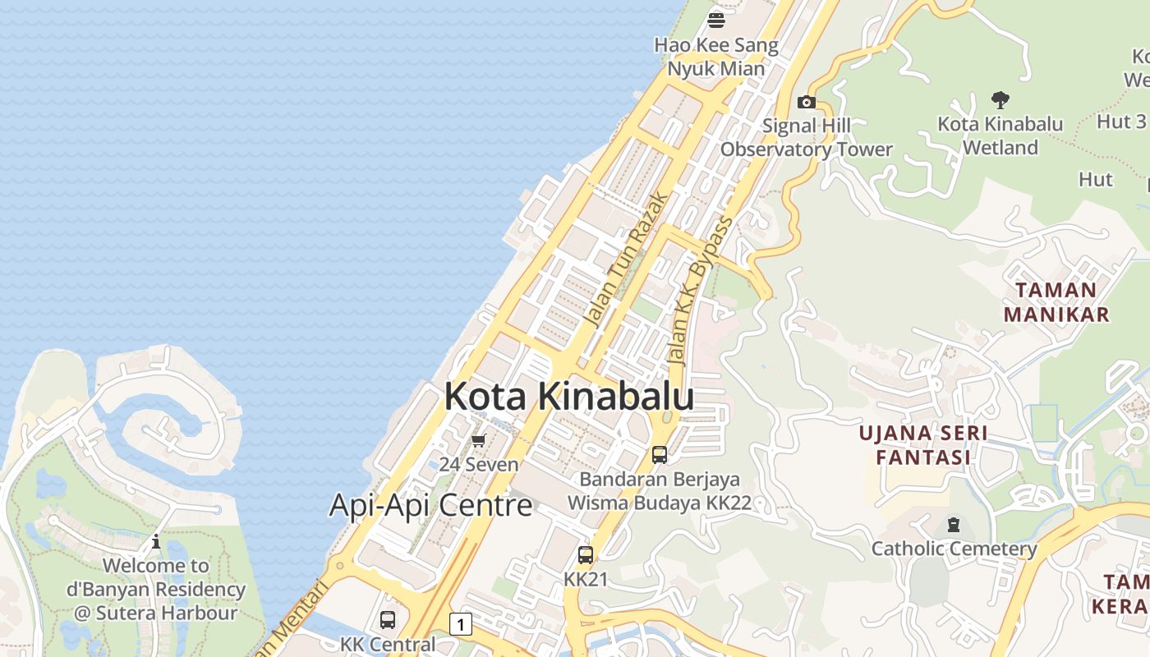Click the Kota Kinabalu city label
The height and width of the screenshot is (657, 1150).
pos(568,397)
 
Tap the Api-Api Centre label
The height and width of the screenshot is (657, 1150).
pos(430,504)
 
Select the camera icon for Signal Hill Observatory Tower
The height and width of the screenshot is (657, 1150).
pos(807,102)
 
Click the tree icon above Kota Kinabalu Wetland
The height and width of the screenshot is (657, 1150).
pos(1000,100)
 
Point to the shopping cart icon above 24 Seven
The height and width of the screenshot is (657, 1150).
pos(479,440)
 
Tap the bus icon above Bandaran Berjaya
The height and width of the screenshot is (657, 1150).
pos(659,454)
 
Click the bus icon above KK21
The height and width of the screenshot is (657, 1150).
pos(585,555)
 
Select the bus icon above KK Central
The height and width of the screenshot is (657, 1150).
pos(388,620)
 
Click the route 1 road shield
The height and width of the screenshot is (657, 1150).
pos(461,625)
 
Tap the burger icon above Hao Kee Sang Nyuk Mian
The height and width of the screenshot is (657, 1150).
pos(716,20)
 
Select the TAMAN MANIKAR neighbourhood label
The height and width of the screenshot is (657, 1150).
pos(1056,301)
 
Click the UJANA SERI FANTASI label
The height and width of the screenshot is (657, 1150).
pos(923,444)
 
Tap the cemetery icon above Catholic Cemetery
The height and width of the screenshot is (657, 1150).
pos(954,524)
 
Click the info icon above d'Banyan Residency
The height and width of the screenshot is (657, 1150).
pos(156,541)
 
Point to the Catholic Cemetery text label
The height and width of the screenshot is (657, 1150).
pos(954,549)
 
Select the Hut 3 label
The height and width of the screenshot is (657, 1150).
pos(1121,122)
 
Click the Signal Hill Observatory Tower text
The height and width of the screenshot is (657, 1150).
pos(807,137)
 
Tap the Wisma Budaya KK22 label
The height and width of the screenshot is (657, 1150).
pos(660,503)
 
